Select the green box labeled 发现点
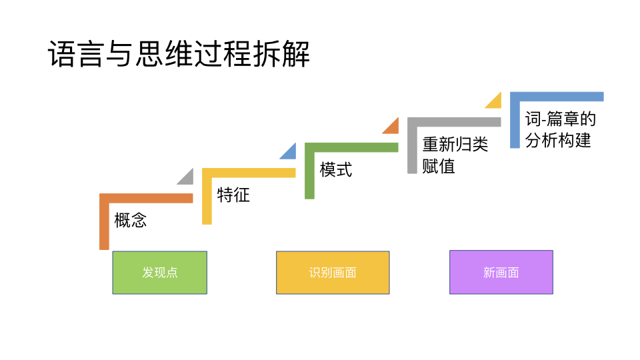pos(159,273)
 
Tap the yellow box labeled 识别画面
pos(333,273)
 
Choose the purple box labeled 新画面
pos(501,273)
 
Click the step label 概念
pos(131,221)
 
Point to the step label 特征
pos(233,195)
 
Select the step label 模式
pos(336,169)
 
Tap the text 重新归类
pos(455,145)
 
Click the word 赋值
pos(439,166)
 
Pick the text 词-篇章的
pos(560,120)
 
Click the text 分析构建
pos(558,141)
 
